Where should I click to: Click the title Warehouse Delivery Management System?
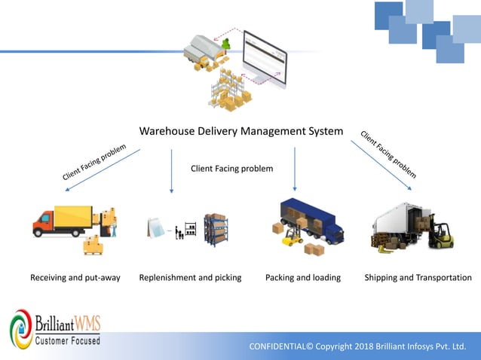point(241,132)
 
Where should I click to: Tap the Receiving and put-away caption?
point(75,277)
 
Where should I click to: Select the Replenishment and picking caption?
point(190,277)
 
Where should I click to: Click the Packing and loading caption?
point(303,277)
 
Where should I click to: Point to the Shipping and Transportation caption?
point(418,277)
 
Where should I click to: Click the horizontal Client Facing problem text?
point(231,168)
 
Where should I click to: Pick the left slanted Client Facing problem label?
point(93,161)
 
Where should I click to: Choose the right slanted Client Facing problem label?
point(388,154)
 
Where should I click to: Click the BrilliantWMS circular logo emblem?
point(20,331)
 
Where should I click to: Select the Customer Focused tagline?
point(67,340)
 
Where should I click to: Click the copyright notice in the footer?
point(357,346)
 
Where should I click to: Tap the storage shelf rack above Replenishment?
point(216,229)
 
